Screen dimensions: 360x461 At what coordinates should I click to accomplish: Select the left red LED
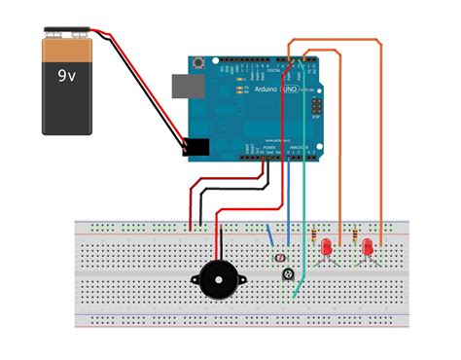[x=328, y=249]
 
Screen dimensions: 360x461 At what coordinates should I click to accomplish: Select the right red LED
[x=369, y=249]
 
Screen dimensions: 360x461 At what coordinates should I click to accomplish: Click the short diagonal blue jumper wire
[x=269, y=235]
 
